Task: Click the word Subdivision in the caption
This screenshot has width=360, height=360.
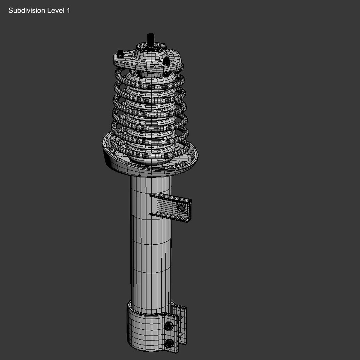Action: (27, 11)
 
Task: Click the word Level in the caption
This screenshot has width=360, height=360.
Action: (56, 11)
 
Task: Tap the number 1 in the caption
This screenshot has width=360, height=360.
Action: (68, 11)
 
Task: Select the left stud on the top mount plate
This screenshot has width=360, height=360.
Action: (120, 53)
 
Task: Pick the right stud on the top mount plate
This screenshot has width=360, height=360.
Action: (166, 61)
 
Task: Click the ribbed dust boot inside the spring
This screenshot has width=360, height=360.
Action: (150, 110)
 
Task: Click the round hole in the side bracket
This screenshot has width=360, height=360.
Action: (181, 208)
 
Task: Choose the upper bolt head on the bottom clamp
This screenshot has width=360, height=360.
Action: (169, 326)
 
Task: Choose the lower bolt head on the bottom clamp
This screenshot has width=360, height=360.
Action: (169, 342)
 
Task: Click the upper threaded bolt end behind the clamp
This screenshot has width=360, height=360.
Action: (180, 317)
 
